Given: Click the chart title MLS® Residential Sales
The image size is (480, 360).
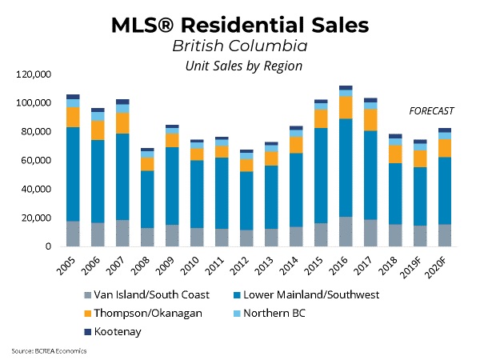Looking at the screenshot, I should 239,25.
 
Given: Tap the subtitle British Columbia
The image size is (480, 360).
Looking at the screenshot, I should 239,46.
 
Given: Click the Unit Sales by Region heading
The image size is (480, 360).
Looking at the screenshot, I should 239,66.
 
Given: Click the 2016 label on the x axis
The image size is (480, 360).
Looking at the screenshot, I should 343,263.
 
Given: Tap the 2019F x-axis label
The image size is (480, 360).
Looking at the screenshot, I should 415,266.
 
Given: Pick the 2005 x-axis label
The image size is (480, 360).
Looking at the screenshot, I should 70,263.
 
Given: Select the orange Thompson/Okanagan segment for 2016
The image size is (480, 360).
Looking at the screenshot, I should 346,107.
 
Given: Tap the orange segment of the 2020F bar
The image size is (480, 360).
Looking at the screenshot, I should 443,148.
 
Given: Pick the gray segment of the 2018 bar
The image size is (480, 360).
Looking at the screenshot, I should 394,235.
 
